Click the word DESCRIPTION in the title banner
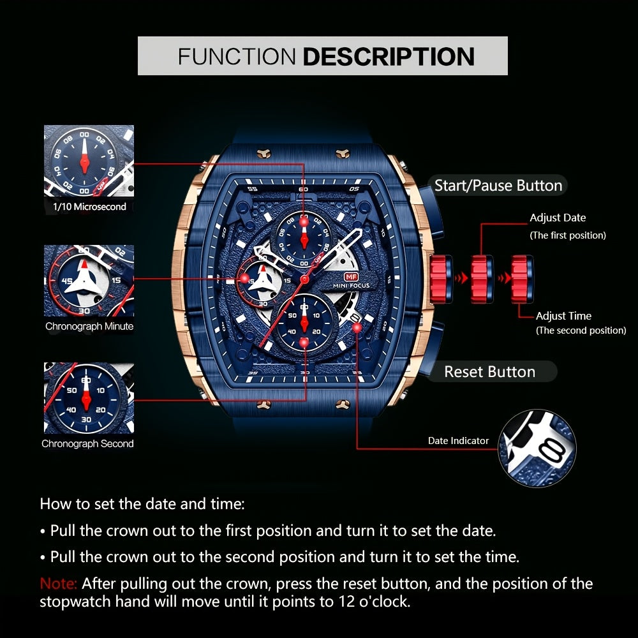pos(388,56)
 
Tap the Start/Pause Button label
pos(498,186)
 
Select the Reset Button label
pos(489,372)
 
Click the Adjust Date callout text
pos(557,218)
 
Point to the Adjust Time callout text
pos(563,316)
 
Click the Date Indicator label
pos(458,441)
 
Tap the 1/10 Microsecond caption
pos(89,207)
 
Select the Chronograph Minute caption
pos(89,327)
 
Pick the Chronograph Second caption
pos(88,444)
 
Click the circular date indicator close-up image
pos(537,448)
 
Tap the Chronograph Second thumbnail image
pos(89,398)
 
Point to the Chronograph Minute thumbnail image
pos(89,280)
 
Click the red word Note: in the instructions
pos(59,584)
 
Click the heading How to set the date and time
pos(142,503)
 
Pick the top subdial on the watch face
pos(304,235)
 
